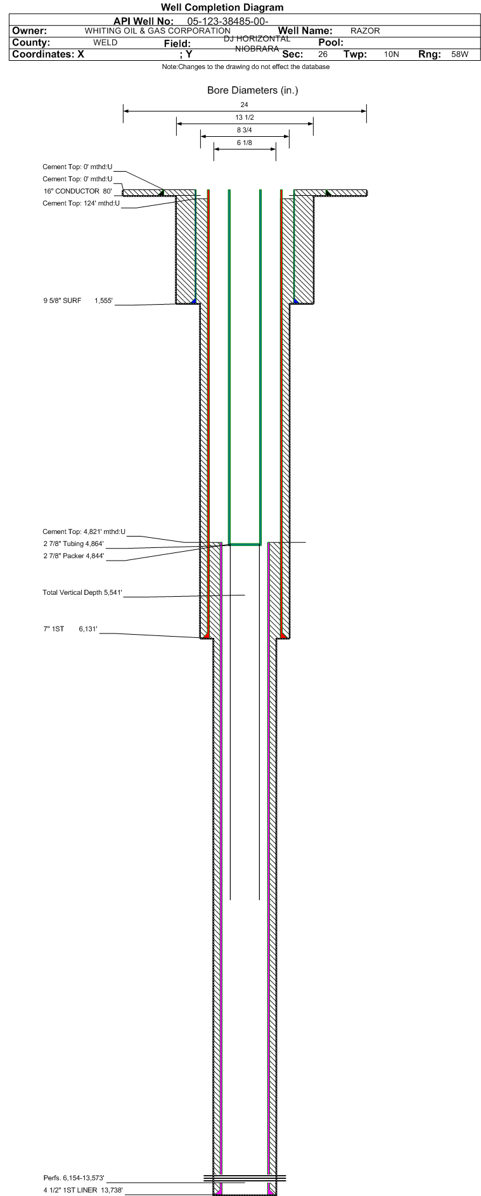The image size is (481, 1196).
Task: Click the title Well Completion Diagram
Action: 222,8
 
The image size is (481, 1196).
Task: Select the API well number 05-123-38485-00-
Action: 228,21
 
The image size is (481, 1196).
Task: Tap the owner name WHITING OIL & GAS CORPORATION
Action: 158,30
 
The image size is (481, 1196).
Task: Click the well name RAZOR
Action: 365,31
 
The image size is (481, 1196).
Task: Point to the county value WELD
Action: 105,42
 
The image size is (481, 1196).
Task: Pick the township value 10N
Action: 392,54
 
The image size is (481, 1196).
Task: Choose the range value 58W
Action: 460,54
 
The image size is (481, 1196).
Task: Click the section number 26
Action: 323,54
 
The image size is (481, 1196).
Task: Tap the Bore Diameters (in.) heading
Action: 252,91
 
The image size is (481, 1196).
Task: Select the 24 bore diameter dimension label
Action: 245,105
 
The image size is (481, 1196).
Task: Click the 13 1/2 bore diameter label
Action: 245,118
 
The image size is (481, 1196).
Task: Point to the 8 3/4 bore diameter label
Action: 245,130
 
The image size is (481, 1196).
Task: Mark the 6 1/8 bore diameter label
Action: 245,143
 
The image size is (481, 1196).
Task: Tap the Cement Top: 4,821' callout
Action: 84,531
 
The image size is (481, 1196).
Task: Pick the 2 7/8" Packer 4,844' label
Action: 74,556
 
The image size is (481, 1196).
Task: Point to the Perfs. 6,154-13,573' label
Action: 74,1178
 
